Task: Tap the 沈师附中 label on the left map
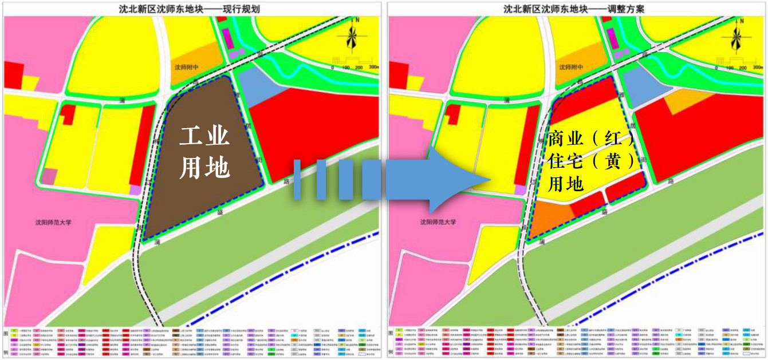[186, 68]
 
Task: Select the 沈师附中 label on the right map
[571, 68]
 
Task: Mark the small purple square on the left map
[135, 189]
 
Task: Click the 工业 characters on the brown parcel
[205, 137]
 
